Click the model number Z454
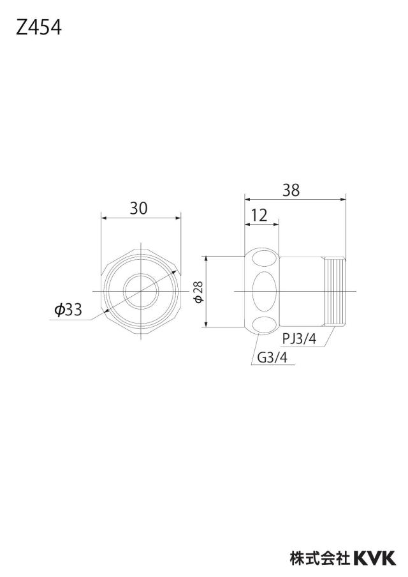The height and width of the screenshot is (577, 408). tap(39, 27)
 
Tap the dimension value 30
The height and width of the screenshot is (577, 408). tap(138, 208)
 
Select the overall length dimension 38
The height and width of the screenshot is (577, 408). tap(291, 190)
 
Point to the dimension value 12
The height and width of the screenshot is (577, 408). tap(259, 215)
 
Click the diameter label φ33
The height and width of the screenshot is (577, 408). tap(68, 310)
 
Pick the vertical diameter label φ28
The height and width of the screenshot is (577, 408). tap(198, 292)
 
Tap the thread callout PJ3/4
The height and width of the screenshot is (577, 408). tap(300, 338)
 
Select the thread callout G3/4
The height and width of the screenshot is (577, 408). tap(272, 357)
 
